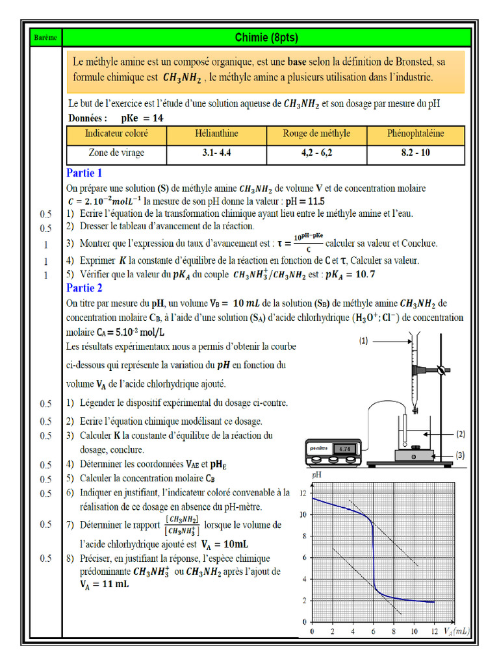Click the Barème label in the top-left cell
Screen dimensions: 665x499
[44, 38]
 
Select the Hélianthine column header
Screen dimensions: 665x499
[216, 134]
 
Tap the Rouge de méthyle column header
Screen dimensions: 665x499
[316, 134]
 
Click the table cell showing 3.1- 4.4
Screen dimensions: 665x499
[216, 153]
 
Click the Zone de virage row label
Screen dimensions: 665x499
[116, 153]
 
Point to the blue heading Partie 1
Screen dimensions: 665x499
[84, 173]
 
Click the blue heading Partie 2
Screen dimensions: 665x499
[84, 288]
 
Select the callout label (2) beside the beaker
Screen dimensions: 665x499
[459, 433]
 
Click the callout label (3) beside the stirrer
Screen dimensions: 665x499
[459, 454]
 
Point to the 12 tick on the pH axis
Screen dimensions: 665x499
[302, 494]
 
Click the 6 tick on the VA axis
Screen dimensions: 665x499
[372, 631]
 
